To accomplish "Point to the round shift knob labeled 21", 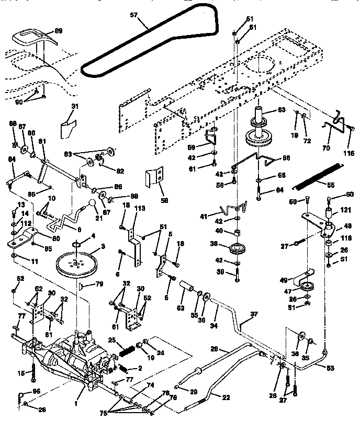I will tap(93, 203).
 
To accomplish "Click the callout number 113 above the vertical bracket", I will tap(140, 208).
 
